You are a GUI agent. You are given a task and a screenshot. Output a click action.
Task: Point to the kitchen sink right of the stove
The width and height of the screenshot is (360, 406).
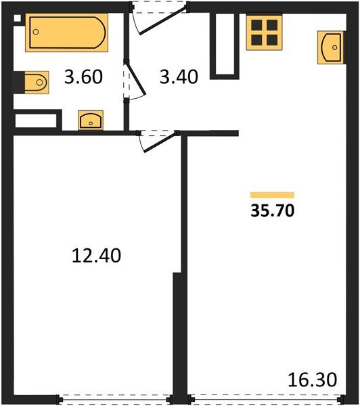(331, 47)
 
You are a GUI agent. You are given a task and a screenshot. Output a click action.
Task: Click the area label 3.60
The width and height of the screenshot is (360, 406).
(85, 76)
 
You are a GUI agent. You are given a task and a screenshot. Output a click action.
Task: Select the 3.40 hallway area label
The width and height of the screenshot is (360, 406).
(179, 76)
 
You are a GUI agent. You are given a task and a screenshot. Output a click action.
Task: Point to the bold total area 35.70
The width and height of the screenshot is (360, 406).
(273, 210)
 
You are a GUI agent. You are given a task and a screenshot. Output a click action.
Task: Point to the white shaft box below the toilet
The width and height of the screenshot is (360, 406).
(36, 122)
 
